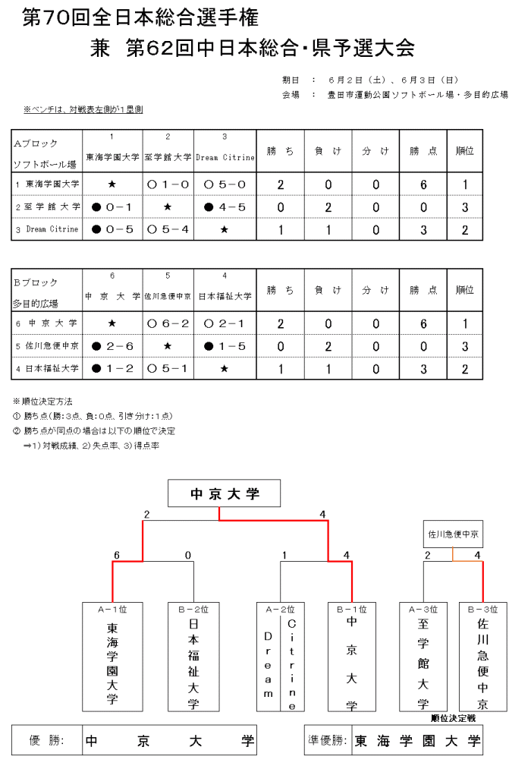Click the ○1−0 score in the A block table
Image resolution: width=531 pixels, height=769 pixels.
pos(167,184)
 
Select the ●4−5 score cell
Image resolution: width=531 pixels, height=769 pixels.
pos(224,206)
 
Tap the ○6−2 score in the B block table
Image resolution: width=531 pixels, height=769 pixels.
pos(167,324)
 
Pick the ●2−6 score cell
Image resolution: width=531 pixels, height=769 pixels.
pos(112,346)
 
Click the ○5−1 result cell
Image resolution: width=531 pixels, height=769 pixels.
pos(167,369)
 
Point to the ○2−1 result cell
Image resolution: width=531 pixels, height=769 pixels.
pos(224,324)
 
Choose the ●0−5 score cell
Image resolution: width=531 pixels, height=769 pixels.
pos(112,229)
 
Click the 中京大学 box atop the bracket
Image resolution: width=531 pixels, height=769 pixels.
pos(224,495)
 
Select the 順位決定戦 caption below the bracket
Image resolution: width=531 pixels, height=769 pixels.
pos(453,717)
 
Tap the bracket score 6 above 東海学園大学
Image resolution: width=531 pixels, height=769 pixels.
pos(117,556)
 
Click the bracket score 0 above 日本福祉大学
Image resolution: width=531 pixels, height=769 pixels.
pos(188,556)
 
